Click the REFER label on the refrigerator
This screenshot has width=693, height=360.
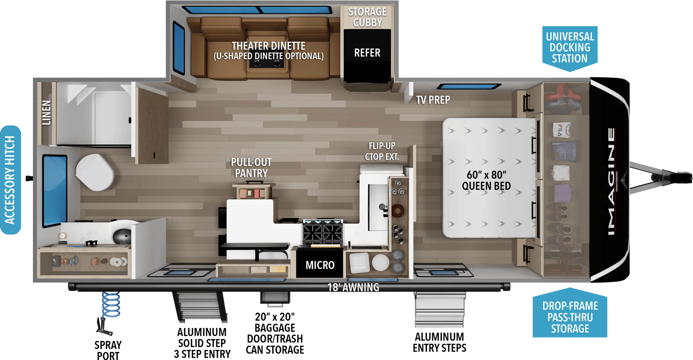tap(367, 53)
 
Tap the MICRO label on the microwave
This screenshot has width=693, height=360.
tap(320, 265)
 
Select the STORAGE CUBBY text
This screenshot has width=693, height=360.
tap(367, 17)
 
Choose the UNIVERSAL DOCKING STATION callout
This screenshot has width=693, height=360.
tap(570, 47)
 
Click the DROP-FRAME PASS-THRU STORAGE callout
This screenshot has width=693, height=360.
tap(570, 317)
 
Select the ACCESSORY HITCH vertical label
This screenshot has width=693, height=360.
tap(10, 180)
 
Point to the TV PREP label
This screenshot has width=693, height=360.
tap(433, 100)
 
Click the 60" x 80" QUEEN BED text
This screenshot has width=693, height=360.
tap(486, 180)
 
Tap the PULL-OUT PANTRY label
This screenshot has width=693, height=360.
tap(251, 168)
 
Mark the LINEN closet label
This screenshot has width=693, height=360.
tap(47, 113)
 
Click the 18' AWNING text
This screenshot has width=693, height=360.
tap(353, 287)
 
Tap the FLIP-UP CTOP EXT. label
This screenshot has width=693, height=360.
tap(382, 151)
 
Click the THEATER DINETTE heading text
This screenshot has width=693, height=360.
tap(269, 46)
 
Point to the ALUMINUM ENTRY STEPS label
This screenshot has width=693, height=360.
tap(439, 342)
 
